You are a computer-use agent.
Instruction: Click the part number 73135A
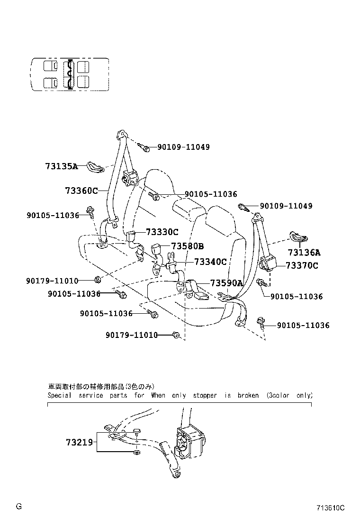(61, 166)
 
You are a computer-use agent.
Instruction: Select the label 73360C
(81, 191)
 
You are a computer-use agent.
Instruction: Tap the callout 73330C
(162, 232)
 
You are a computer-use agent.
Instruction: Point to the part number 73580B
(187, 246)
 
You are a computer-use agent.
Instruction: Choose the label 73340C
(210, 262)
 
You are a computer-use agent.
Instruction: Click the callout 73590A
(226, 283)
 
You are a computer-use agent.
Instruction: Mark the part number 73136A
(304, 252)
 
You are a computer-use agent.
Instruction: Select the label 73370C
(302, 265)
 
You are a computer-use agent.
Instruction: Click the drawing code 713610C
(331, 508)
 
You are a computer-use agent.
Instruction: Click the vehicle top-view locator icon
(70, 75)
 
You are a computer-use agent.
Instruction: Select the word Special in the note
(60, 395)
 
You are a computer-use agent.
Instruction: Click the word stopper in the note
(205, 395)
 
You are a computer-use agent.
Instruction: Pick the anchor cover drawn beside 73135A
(95, 167)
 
